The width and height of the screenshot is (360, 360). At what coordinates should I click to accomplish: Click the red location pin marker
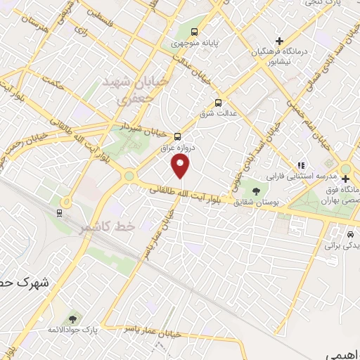(x=181, y=167)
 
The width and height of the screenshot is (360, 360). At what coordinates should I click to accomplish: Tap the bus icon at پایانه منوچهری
(x=195, y=32)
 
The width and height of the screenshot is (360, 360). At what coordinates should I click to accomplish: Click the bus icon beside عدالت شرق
(x=218, y=101)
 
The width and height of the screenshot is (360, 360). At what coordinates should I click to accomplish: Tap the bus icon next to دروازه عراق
(x=177, y=137)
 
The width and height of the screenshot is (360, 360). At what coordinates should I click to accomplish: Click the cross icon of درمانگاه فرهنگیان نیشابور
(x=280, y=41)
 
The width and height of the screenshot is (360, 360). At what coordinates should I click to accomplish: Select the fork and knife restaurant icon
(x=300, y=165)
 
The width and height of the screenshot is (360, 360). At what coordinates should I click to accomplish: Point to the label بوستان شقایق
(x=259, y=201)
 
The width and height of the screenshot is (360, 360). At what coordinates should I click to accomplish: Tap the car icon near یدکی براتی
(x=350, y=233)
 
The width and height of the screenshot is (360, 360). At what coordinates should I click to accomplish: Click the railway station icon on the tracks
(x=60, y=212)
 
